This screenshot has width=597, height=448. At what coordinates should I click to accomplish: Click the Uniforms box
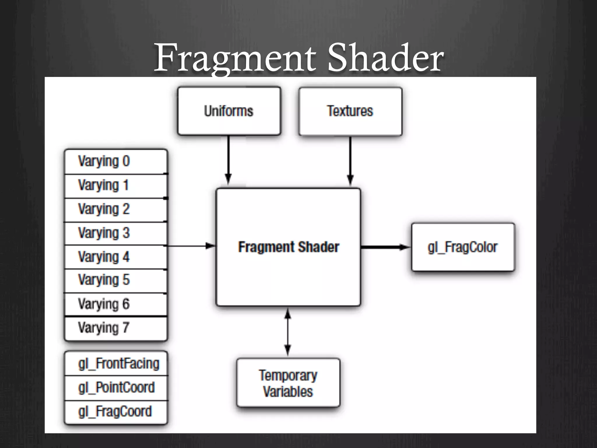tap(229, 111)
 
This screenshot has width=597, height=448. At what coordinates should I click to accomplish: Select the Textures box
tap(350, 111)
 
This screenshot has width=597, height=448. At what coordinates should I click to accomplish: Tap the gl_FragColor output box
tap(463, 247)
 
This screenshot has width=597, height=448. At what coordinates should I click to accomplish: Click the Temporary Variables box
tap(288, 383)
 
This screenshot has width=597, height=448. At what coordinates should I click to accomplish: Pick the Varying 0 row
tap(116, 162)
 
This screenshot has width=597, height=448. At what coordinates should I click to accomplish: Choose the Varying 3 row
tap(116, 233)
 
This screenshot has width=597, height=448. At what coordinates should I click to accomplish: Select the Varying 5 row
tap(116, 280)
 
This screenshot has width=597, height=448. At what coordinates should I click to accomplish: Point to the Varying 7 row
tap(116, 328)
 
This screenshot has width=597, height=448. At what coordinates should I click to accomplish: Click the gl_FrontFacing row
tap(116, 364)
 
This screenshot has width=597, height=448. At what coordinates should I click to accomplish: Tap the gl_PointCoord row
tap(116, 388)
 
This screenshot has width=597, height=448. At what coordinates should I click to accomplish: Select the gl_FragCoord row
tap(116, 412)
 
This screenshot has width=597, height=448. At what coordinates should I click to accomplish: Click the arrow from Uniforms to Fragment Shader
tap(229, 160)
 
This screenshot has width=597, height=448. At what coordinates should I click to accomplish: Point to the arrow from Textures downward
tap(350, 160)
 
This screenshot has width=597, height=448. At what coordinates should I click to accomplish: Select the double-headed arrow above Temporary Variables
tap(288, 332)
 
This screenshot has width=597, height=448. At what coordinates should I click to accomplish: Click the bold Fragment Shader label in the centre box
tap(289, 247)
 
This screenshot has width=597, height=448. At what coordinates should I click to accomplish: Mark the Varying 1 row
tap(116, 185)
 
